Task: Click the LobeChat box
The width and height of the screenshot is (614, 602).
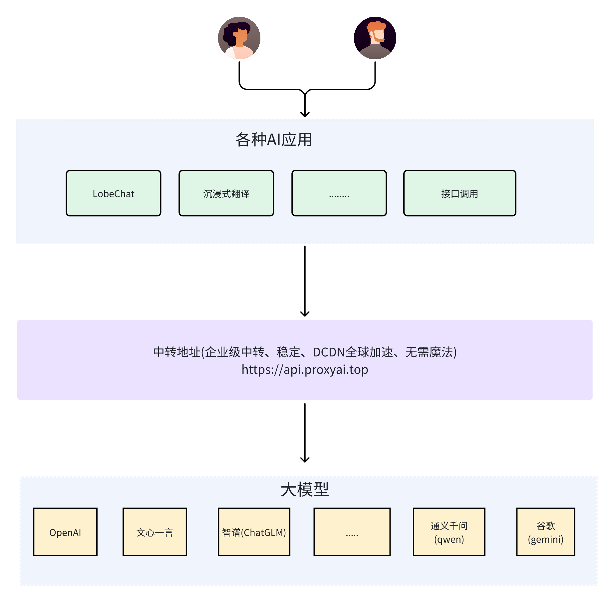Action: pyautogui.click(x=114, y=193)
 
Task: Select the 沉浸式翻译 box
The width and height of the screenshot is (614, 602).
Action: pyautogui.click(x=226, y=193)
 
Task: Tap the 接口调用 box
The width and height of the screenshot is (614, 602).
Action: pyautogui.click(x=460, y=193)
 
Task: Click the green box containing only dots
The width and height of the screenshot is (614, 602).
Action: pyautogui.click(x=339, y=193)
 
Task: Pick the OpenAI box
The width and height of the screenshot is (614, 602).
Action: pyautogui.click(x=65, y=532)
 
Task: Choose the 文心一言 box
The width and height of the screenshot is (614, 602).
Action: pyautogui.click(x=155, y=532)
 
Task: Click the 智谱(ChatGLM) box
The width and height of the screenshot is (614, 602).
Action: pyautogui.click(x=254, y=532)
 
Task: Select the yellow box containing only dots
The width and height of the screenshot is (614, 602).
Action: pyautogui.click(x=352, y=532)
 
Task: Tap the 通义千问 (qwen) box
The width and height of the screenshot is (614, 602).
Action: pyautogui.click(x=449, y=532)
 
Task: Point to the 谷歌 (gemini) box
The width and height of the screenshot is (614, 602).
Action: pyautogui.click(x=545, y=532)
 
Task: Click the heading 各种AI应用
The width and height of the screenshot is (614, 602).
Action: pyautogui.click(x=273, y=140)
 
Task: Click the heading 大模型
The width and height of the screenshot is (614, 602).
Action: pyautogui.click(x=305, y=490)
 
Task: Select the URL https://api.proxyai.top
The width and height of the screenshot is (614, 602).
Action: pyautogui.click(x=305, y=370)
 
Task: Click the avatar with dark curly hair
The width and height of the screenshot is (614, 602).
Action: pyautogui.click(x=239, y=38)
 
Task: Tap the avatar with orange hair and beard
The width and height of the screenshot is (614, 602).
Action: pyautogui.click(x=375, y=38)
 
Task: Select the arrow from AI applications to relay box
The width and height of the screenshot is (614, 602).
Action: pyautogui.click(x=305, y=280)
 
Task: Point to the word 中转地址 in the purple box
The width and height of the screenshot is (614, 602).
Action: pyautogui.click(x=176, y=352)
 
